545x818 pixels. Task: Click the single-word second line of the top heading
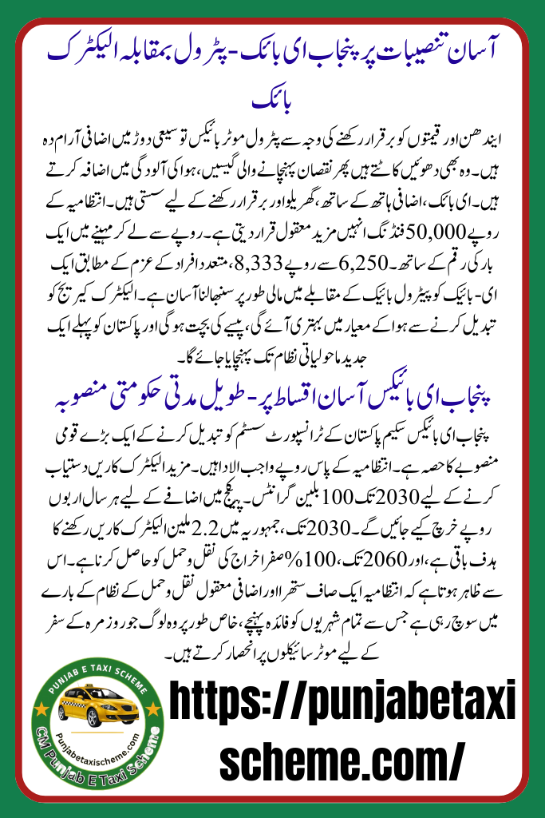[x=272, y=103]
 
